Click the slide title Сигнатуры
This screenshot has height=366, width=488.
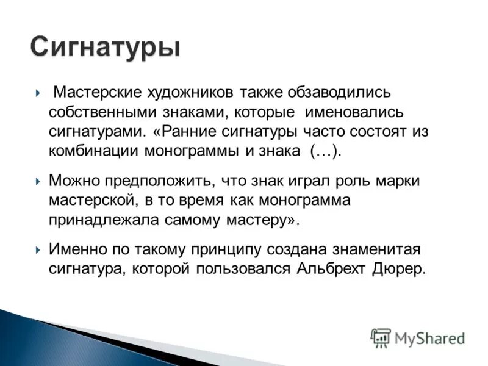pos(105,47)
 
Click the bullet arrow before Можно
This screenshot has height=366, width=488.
pos(38,181)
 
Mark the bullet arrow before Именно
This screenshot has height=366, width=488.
pos(38,250)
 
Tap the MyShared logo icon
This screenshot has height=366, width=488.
pos(381,337)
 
